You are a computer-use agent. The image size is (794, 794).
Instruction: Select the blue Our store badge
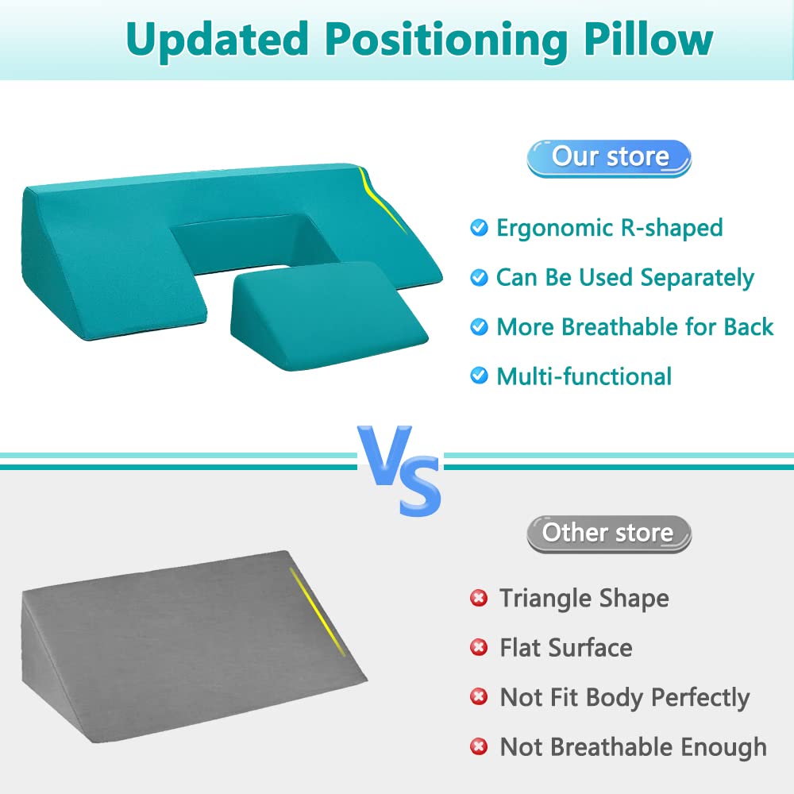[609, 157]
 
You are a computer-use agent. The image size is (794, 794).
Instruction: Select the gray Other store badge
[608, 533]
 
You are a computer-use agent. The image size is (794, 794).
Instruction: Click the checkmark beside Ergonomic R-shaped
[479, 229]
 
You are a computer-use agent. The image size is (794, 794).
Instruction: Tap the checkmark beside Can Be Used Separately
[479, 278]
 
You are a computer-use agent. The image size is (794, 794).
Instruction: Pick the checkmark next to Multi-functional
[479, 376]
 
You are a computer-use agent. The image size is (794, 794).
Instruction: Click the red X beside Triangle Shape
[479, 599]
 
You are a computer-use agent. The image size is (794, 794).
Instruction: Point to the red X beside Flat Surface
[479, 648]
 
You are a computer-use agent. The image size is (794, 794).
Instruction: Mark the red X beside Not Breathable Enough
[479, 747]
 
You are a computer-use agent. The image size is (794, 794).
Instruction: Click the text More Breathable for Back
[634, 327]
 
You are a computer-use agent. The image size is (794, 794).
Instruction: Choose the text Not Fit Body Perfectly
[624, 698]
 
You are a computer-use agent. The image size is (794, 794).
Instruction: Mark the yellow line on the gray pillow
[318, 611]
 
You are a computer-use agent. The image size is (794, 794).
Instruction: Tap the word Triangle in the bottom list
[544, 599]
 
